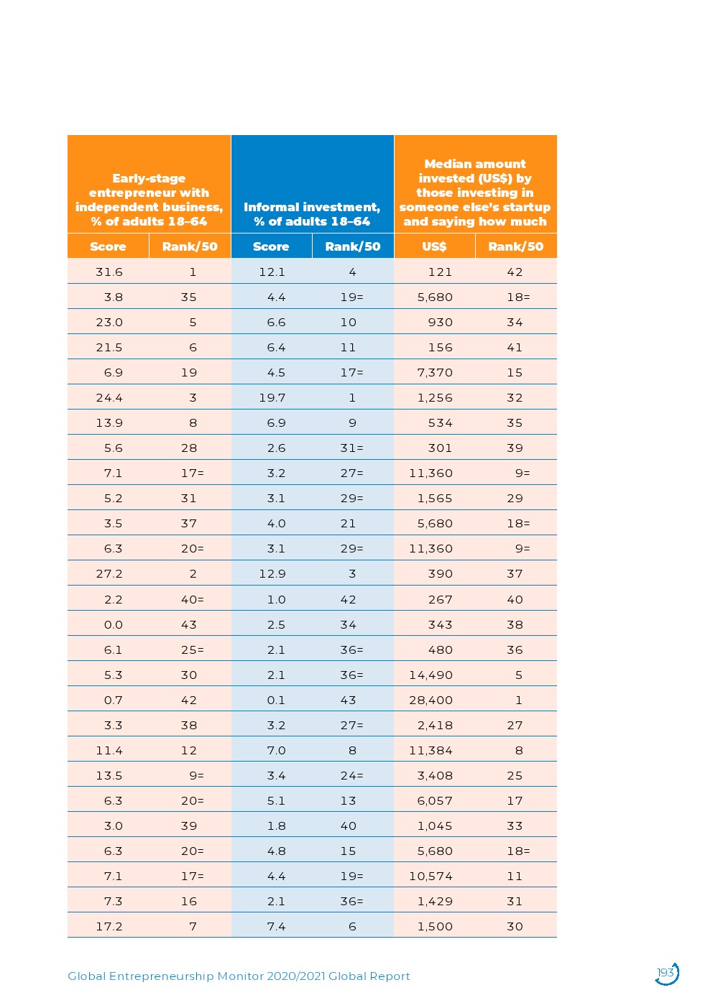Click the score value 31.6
click(109, 272)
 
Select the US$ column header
click(434, 246)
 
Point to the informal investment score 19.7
click(272, 397)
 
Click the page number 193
click(666, 973)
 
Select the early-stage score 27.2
click(109, 573)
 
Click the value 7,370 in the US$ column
click(435, 372)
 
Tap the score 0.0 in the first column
click(114, 624)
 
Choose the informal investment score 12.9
click(272, 573)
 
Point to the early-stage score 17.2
click(109, 926)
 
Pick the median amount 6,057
click(435, 800)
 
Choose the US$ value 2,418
click(435, 725)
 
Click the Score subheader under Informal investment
click(271, 246)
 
